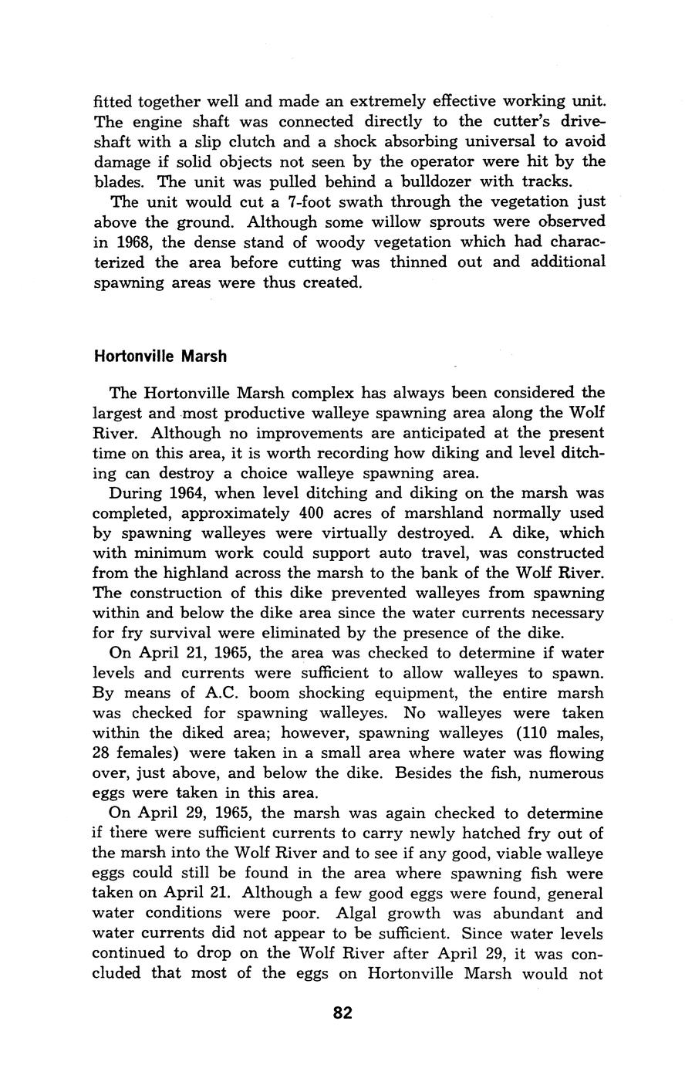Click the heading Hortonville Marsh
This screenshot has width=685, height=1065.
[x=160, y=357]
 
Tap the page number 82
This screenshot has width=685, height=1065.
[x=342, y=1013]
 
